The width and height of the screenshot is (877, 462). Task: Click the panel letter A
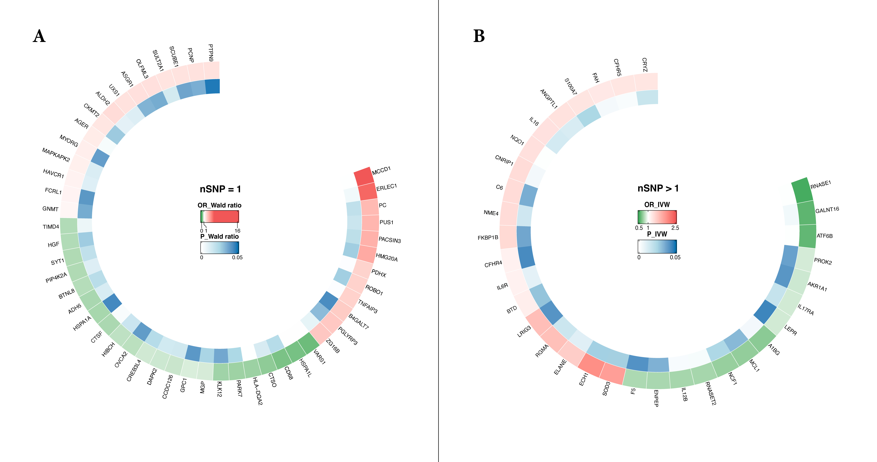click(39, 36)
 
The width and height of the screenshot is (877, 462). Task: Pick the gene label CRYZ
click(644, 65)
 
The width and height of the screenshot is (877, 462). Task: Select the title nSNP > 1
click(658, 188)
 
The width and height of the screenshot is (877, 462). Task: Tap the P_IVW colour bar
click(657, 247)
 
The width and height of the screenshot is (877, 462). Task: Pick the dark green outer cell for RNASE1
click(802, 191)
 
